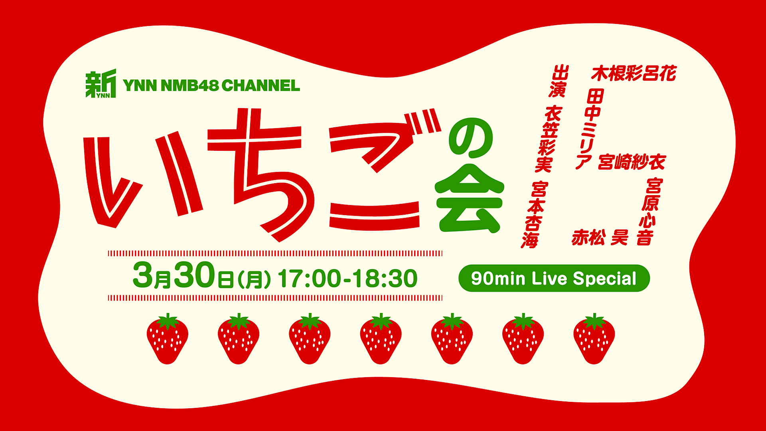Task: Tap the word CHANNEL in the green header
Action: [x=261, y=85]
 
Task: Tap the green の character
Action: [x=471, y=138]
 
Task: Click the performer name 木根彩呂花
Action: [x=634, y=73]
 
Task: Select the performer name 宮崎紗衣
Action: [x=632, y=162]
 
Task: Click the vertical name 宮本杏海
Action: [x=535, y=215]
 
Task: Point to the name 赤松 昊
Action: [x=600, y=237]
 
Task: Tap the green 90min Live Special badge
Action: [x=554, y=278]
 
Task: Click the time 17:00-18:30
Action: [x=347, y=279]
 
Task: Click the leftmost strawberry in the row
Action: [x=168, y=339]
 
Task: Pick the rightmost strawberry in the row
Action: [x=594, y=339]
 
